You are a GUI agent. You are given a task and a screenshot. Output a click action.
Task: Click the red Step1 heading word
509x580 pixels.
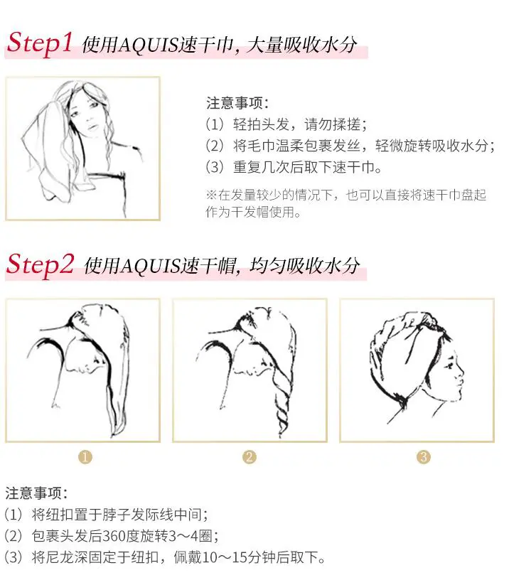click(x=40, y=43)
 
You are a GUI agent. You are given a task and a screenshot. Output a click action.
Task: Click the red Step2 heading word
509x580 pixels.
click(x=40, y=264)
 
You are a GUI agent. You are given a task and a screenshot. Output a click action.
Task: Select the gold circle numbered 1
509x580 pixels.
click(x=85, y=457)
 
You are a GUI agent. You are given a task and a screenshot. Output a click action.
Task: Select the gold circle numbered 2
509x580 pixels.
click(x=250, y=457)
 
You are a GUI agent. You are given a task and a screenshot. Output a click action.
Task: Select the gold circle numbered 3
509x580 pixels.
click(x=424, y=457)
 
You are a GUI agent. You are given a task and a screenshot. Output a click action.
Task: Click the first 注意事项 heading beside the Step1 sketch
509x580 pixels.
click(x=237, y=103)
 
